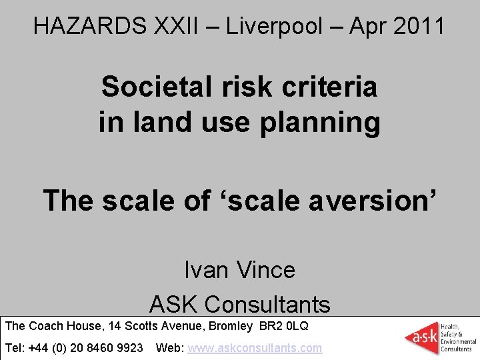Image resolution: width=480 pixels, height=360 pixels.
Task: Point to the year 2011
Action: [x=418, y=26]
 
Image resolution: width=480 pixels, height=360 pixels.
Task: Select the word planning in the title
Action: [x=325, y=123]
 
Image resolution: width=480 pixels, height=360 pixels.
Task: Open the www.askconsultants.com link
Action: [x=255, y=348]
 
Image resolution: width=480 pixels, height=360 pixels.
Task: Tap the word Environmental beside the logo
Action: [x=457, y=342]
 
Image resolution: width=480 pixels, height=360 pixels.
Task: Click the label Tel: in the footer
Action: [x=15, y=348]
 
